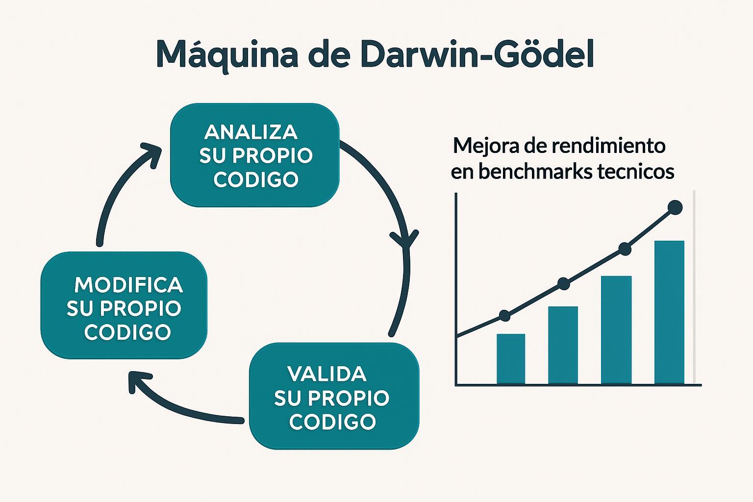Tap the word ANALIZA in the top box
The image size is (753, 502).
coord(251,132)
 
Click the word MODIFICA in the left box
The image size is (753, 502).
coord(128,285)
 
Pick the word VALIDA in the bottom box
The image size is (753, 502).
coord(327,374)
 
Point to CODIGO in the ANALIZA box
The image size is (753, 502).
coord(256,179)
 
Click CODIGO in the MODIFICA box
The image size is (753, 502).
coord(127,332)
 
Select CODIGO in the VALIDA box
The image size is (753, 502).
coord(332,421)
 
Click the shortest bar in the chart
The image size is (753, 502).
coord(511,359)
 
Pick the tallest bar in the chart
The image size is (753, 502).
coord(669,312)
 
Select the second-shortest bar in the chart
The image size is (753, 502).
coord(563,345)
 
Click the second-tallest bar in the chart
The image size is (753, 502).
coord(616,330)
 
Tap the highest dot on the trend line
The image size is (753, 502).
coord(675,207)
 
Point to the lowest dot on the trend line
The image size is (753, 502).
coord(504,316)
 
